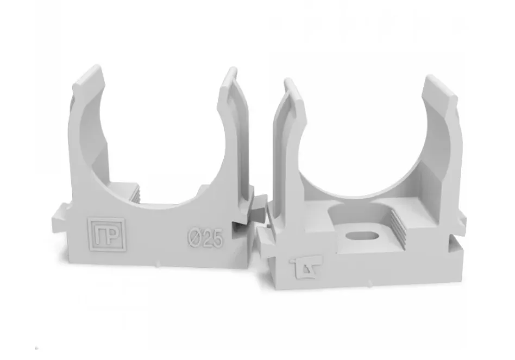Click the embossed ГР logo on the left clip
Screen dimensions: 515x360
tap(106, 235)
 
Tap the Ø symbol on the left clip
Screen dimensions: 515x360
tap(194, 237)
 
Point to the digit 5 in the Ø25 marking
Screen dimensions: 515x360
tap(217, 238)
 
